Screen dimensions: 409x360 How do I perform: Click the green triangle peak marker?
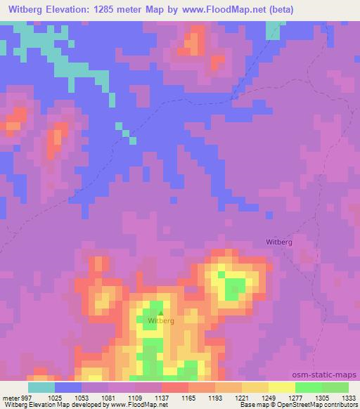click(160, 313)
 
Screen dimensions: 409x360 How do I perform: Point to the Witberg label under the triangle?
click(161, 321)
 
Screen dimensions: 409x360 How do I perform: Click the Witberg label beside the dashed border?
click(279, 242)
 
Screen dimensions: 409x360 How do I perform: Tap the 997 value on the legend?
click(25, 397)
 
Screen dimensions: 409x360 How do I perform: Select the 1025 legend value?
click(55, 397)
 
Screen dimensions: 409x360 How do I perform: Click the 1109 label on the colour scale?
click(135, 397)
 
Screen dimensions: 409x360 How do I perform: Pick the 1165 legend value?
click(188, 397)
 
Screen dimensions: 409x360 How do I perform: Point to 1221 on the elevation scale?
click(242, 397)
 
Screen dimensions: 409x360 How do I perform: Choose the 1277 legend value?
click(295, 397)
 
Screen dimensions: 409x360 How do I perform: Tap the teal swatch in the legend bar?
click(41, 387)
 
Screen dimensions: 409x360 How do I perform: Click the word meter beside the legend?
click(10, 397)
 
